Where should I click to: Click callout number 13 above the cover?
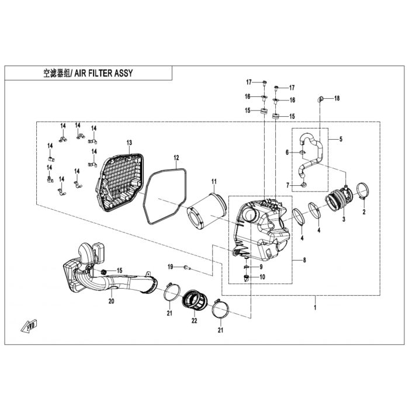tap(129, 143)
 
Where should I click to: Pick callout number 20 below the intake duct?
tap(112, 301)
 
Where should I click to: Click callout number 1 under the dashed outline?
tap(315, 307)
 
